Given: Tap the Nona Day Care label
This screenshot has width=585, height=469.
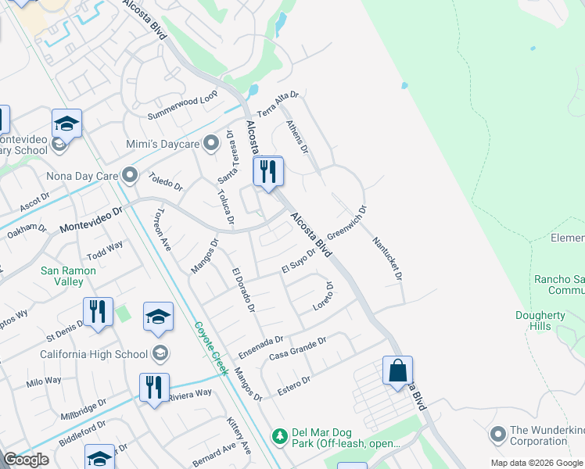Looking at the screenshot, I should point(82,176).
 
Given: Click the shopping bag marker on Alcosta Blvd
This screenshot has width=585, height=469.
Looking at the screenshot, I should point(397,371).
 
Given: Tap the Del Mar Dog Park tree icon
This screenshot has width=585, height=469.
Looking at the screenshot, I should point(278,435).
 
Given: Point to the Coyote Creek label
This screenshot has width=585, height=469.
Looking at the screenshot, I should point(210,348).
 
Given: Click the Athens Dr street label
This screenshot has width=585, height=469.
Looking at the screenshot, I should point(297,136).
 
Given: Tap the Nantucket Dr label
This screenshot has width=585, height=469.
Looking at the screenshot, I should point(387,259).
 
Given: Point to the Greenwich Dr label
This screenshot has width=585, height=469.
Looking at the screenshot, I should point(347,224).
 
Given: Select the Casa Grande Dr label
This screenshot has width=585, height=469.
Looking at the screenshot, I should point(297,345).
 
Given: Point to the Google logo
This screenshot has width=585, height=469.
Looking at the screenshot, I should point(26,460).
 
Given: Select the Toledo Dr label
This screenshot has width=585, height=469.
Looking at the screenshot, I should point(166,182).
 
